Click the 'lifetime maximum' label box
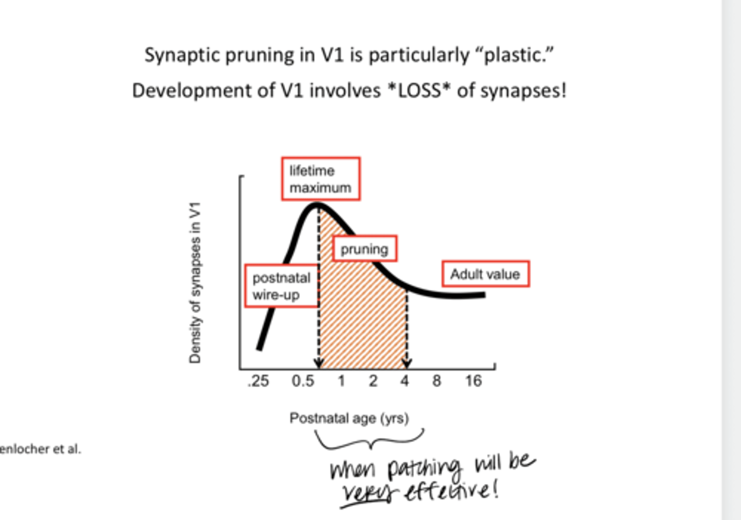321,179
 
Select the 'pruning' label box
364,249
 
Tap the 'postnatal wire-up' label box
281,286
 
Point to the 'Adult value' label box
485,274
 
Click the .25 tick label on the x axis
258,382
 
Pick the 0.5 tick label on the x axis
303,382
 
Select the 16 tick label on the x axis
473,382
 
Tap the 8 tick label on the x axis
436,382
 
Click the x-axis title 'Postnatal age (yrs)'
349,418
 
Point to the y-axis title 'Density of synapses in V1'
195,283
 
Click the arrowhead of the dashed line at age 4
407,363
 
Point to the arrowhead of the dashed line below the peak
319,363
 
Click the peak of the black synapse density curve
316,205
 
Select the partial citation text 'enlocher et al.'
40,449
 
